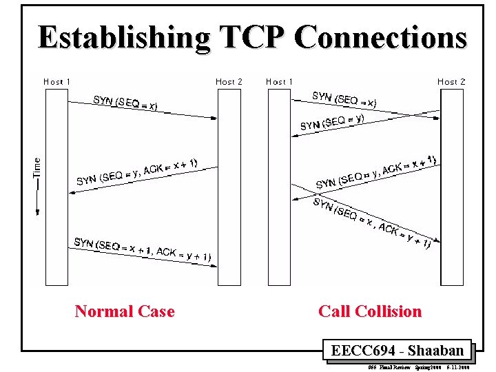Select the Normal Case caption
pos(125,311)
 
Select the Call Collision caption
pos(370,311)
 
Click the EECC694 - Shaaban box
pos(397,351)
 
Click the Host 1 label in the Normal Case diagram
pos(57,81)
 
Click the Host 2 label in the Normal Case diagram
pos(229,81)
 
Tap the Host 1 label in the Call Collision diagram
pos(279,81)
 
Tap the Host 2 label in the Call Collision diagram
pos(452,81)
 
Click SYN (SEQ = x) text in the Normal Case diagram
pos(125,103)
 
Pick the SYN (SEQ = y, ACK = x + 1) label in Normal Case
pos(137,172)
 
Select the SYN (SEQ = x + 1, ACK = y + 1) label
pos(143,249)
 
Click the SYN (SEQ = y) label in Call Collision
pos(332,122)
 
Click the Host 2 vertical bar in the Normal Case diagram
pos(229,186)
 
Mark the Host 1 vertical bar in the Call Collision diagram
pos(279,186)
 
